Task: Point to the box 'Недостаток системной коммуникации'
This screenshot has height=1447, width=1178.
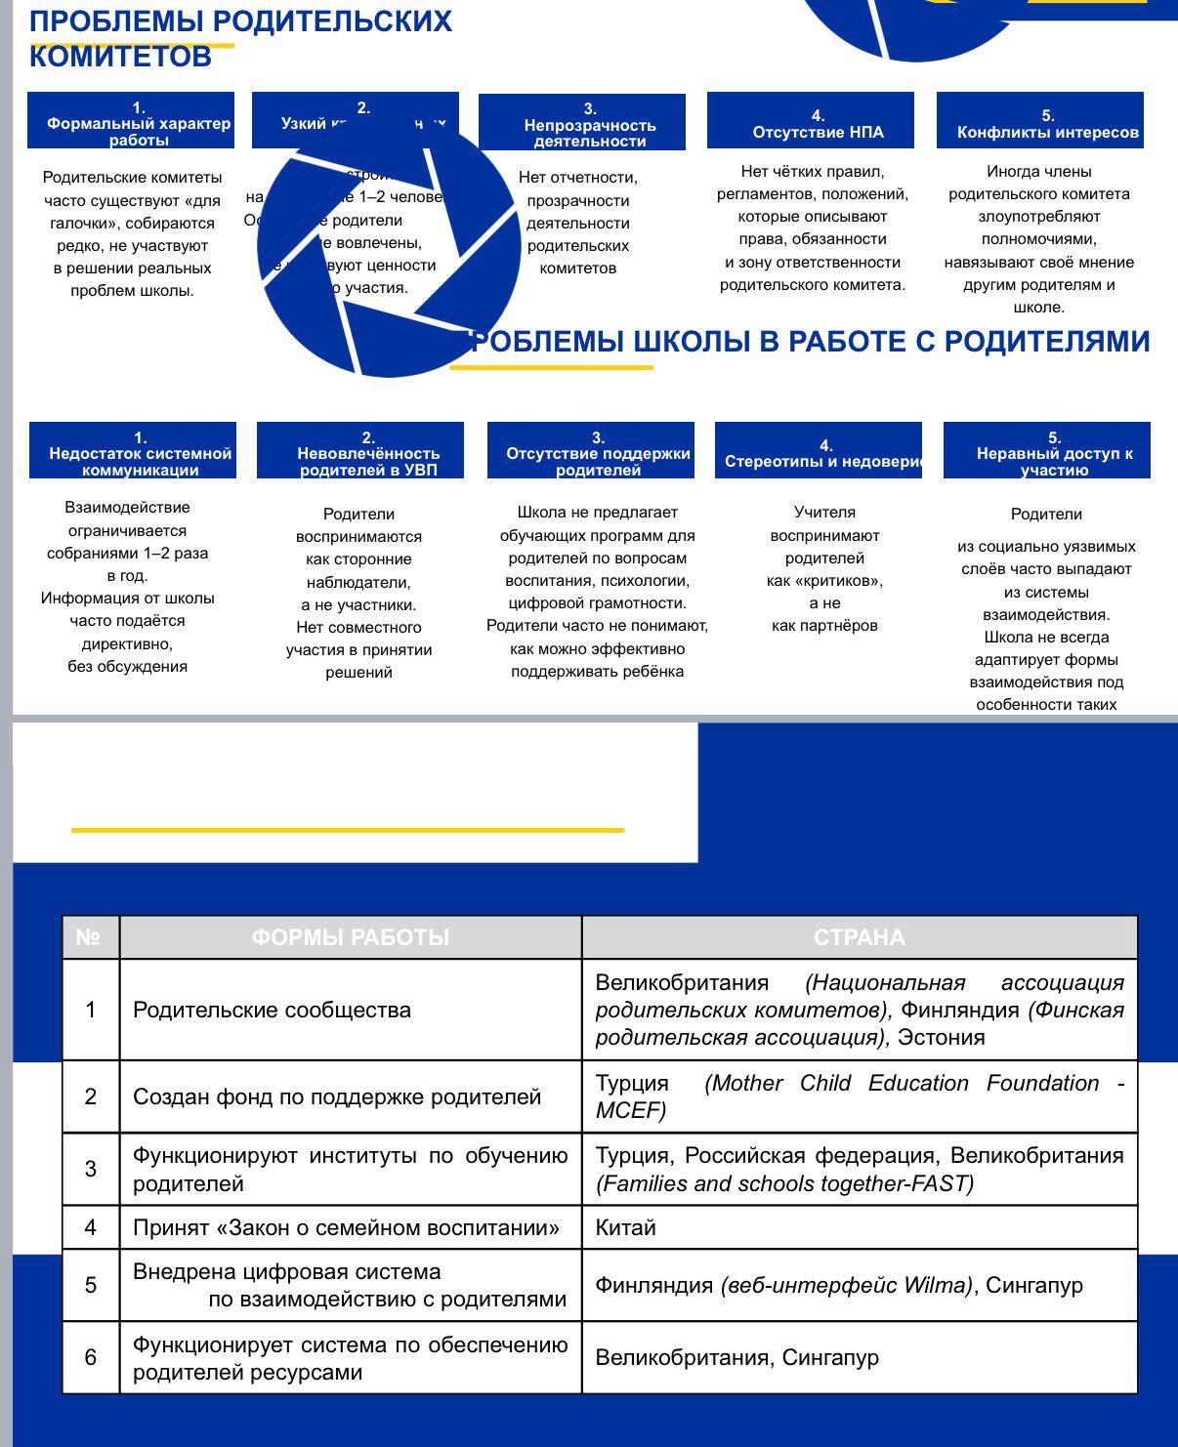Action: point(133,451)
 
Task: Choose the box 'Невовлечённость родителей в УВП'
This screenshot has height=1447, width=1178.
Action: point(360,451)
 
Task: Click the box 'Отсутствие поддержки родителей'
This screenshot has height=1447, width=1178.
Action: point(591,451)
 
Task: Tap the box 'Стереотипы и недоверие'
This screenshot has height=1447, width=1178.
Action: point(819,451)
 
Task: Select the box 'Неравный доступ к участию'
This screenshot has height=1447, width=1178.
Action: point(1047,451)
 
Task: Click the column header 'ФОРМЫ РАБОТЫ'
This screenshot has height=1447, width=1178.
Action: point(351,938)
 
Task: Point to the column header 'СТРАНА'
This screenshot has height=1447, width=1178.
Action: point(860,938)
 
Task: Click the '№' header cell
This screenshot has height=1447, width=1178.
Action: point(90,938)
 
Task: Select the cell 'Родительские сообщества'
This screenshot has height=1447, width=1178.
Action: point(351,1011)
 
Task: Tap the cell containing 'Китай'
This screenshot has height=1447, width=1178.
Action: point(860,1228)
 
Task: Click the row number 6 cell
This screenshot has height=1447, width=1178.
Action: point(91,1358)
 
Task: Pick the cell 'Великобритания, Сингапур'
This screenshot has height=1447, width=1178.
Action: point(860,1358)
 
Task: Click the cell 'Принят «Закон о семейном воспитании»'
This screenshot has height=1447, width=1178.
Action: point(351,1228)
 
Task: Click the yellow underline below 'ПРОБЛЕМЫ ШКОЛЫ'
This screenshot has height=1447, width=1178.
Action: point(551,368)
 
